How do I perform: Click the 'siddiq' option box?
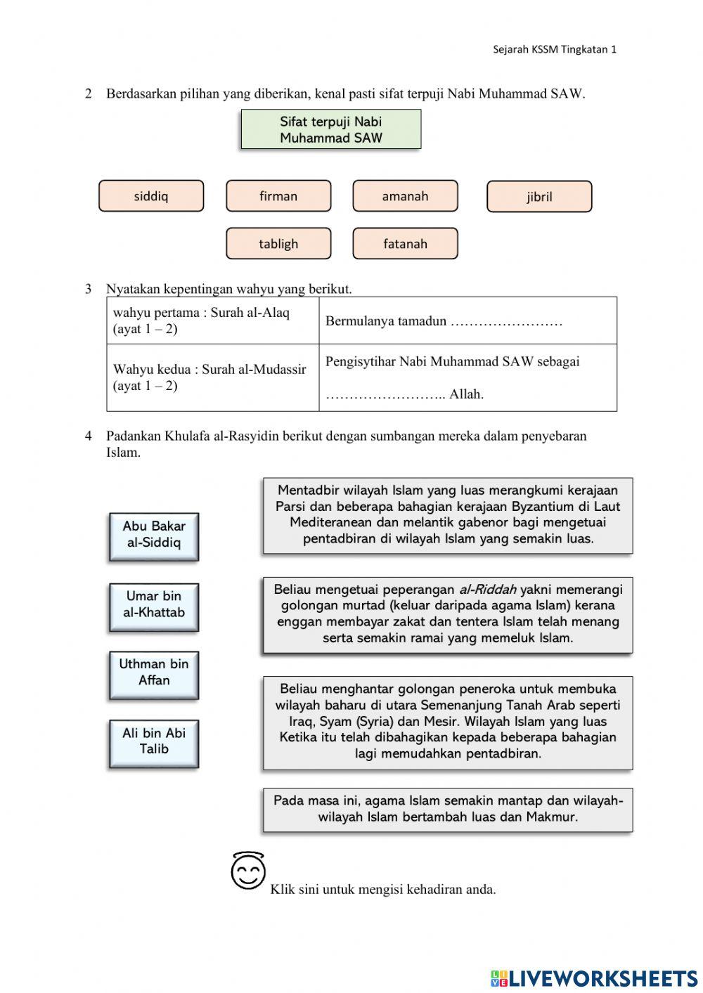click(x=151, y=196)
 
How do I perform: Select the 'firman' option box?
click(x=278, y=196)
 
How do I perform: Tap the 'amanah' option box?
click(x=405, y=196)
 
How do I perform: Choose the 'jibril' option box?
click(x=539, y=197)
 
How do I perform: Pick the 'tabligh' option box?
click(x=278, y=244)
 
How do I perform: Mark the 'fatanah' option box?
click(x=405, y=244)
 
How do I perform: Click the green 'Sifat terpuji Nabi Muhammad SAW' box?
click(x=331, y=129)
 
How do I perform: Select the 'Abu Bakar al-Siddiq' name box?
click(x=154, y=536)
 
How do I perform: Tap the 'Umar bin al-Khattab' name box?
click(x=154, y=606)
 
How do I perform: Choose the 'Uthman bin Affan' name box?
click(x=154, y=674)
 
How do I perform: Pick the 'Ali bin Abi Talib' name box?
click(x=154, y=743)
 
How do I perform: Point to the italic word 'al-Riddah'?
click(x=487, y=590)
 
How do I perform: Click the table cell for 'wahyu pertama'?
click(x=212, y=320)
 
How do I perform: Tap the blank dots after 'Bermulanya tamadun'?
click(x=506, y=322)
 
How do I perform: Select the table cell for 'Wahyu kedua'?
click(x=212, y=377)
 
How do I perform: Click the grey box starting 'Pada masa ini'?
click(x=448, y=810)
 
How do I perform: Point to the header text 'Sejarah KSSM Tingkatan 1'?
click(x=554, y=49)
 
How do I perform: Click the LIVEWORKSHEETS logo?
click(x=594, y=978)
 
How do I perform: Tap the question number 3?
click(x=89, y=289)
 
